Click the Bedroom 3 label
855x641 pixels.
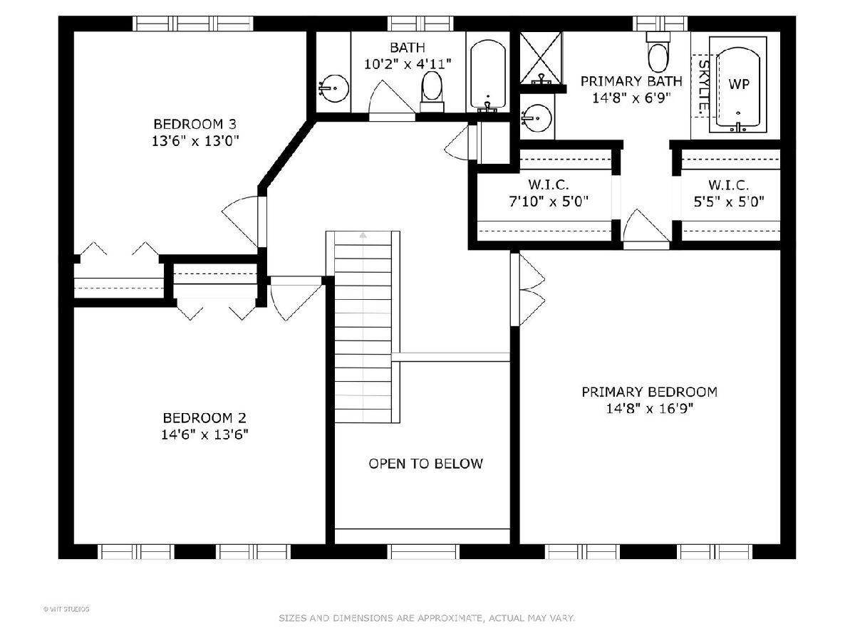(x=195, y=124)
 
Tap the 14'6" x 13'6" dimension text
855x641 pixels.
(x=204, y=434)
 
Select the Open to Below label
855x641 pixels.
(x=426, y=464)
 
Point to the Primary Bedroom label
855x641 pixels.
(x=649, y=392)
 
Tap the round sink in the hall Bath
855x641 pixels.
(x=334, y=88)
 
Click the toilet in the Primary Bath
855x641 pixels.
(x=658, y=53)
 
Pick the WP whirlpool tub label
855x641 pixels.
(x=739, y=84)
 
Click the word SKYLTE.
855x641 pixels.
(x=703, y=87)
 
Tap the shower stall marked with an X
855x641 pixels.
(x=541, y=58)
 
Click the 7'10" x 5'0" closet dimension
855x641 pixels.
(x=549, y=202)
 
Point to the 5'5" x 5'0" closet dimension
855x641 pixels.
(x=729, y=202)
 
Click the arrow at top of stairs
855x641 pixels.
(x=363, y=235)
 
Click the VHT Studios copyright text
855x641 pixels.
(x=66, y=609)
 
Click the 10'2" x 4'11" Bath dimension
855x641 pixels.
(x=408, y=64)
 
